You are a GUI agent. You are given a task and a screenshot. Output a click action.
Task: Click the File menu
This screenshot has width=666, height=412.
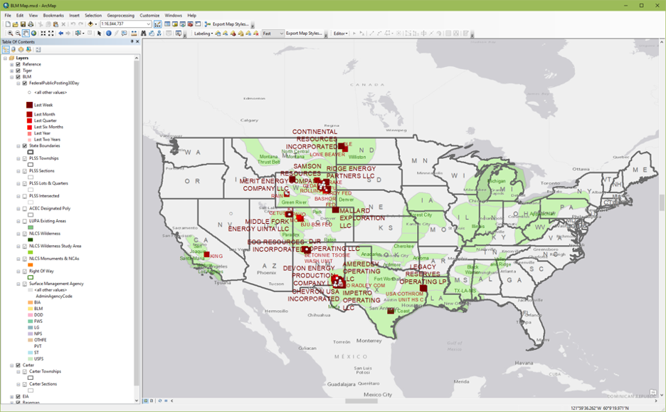coord(8,15)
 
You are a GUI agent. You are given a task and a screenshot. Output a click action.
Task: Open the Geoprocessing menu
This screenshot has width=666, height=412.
coord(120,15)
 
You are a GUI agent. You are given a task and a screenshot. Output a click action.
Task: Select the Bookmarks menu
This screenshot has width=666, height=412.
coord(53,15)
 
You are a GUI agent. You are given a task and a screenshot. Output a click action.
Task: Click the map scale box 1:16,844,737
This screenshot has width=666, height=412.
coord(125,24)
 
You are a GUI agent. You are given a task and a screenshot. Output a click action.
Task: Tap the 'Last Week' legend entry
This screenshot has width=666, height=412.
coord(43,105)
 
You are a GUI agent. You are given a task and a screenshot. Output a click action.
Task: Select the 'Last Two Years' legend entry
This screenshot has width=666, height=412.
coord(47,140)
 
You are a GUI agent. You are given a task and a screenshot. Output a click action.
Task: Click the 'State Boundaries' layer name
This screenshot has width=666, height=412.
coord(44,146)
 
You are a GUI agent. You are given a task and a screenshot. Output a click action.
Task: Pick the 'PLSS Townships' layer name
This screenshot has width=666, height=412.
coord(43,158)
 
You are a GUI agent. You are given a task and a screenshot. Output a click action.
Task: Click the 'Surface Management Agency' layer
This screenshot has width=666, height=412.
coord(56,284)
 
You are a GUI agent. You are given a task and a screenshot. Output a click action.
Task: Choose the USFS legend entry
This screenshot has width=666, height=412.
coord(38,359)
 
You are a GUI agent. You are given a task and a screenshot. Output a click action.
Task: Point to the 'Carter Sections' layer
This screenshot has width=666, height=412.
coord(44,384)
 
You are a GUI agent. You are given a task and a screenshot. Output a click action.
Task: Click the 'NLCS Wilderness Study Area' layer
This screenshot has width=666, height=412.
coord(55,246)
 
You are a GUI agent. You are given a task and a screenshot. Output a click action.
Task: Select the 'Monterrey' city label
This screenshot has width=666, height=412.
coord(369,340)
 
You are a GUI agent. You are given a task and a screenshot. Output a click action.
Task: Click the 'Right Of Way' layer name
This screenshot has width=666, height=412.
coord(41,271)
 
